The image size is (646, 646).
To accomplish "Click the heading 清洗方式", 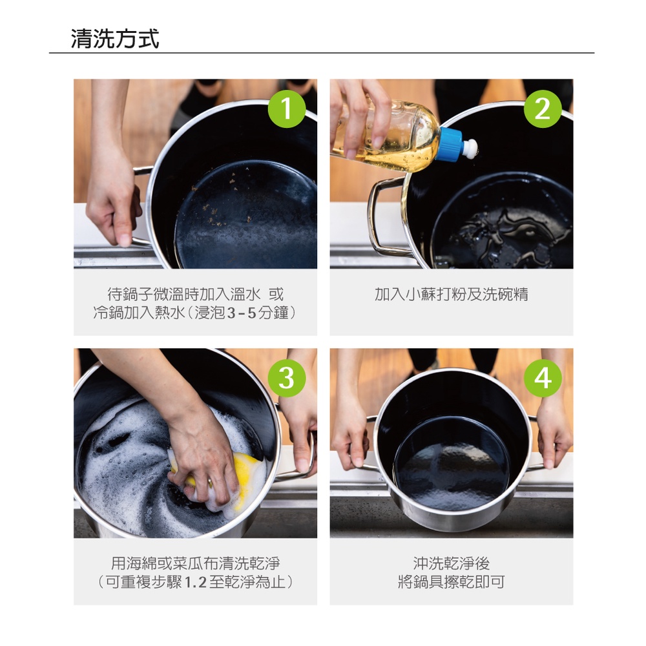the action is point(115,39).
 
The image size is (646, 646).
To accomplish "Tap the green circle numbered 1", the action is point(287,109).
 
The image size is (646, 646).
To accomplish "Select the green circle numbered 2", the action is point(543,109).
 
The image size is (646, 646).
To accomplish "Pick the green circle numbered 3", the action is point(287,378).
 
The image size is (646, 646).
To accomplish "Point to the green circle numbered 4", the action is point(543,378).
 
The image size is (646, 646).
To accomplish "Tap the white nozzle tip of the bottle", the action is point(470,147).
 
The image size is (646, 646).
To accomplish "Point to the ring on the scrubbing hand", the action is point(210,481).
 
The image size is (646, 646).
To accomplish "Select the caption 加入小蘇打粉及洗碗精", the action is point(451,294).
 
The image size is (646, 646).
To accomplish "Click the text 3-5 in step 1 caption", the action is point(242,313).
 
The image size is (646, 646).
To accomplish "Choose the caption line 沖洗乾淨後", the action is point(451,563).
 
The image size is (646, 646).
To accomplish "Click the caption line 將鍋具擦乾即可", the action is point(451,582).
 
